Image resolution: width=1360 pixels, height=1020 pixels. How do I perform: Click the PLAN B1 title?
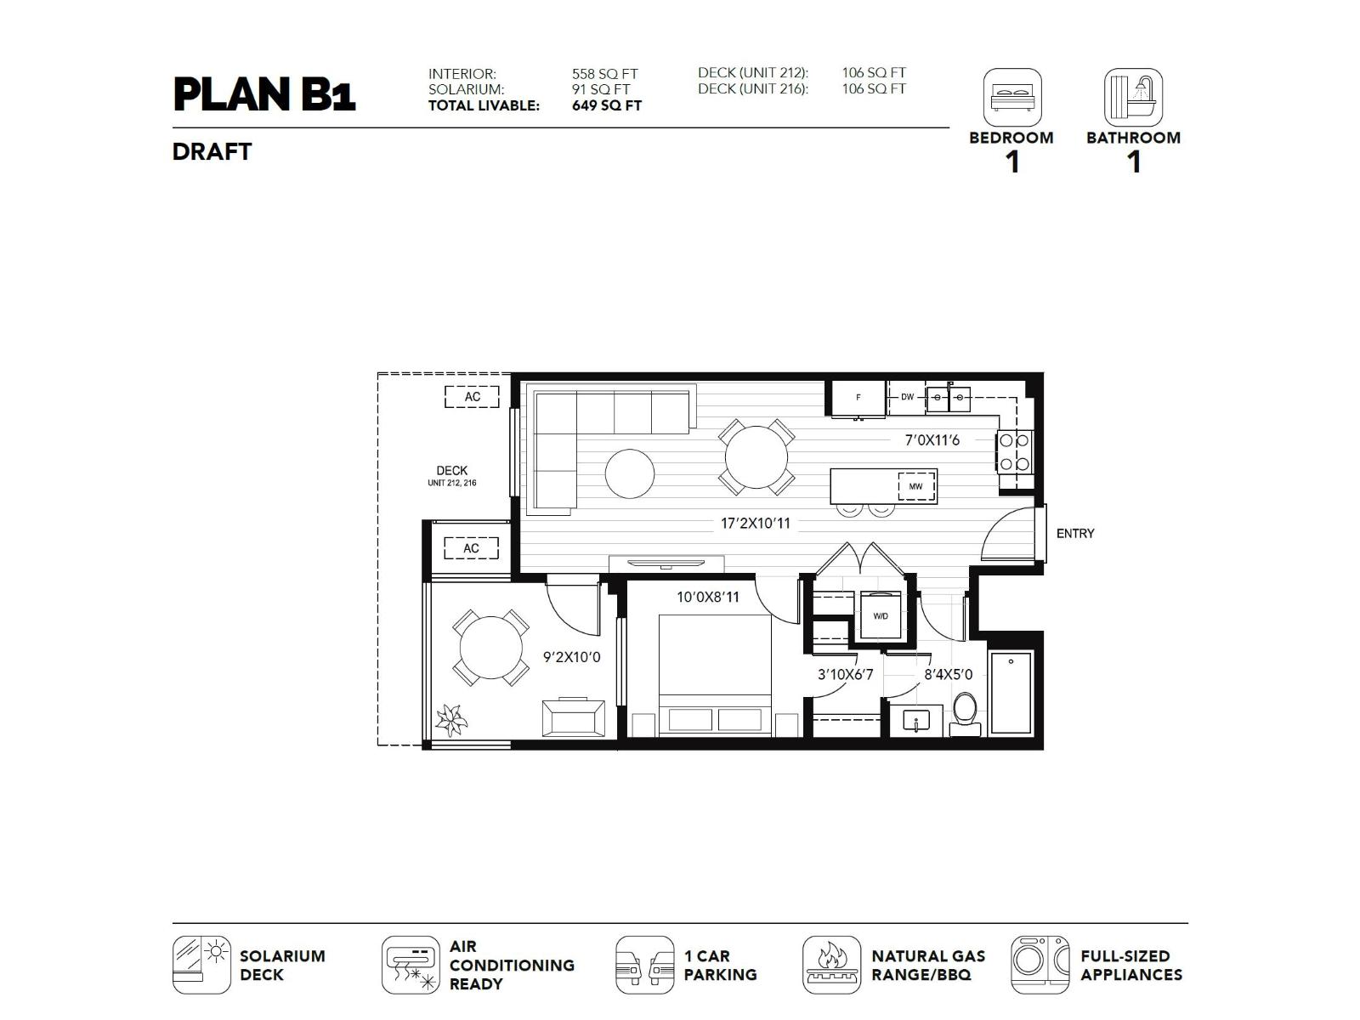coord(263,94)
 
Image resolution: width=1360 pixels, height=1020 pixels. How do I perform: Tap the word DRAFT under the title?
coord(212,152)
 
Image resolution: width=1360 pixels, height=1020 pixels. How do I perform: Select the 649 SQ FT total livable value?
coord(606,105)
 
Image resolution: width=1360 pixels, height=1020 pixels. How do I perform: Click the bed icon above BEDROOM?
coord(1011,97)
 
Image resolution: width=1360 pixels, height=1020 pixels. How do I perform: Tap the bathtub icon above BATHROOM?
coord(1133,97)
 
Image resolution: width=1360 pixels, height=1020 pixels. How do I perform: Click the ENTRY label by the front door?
coord(1074,534)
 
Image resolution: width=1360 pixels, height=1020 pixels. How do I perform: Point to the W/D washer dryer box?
coord(880,615)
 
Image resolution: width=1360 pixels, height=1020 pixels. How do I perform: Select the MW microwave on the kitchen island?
coord(915,486)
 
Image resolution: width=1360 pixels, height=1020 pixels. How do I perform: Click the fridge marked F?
coord(858,397)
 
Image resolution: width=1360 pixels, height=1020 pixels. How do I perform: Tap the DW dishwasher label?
coord(907,397)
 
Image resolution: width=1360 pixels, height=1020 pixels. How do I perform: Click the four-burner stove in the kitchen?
coord(1014,451)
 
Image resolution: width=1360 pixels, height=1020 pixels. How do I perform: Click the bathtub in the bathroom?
coord(1011,693)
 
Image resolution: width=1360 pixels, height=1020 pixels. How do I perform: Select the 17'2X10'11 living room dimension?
coord(755,524)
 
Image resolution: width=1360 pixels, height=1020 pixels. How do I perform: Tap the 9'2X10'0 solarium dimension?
coord(571,657)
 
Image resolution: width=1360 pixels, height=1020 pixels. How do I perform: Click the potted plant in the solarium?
coord(450,719)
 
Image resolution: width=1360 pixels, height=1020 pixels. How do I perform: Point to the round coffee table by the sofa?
coord(630,473)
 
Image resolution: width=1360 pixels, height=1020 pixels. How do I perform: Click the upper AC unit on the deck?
coord(472,397)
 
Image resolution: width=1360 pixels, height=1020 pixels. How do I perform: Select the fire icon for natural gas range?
coord(831,965)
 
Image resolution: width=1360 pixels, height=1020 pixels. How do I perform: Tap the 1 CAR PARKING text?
coord(719,966)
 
